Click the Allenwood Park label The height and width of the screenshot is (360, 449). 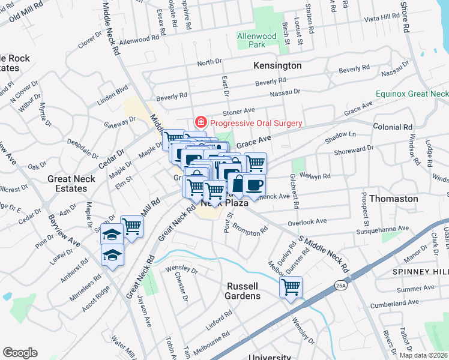256,40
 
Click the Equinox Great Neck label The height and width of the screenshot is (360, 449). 412,94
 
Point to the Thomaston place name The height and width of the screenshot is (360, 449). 393,198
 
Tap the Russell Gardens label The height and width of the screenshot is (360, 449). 243,291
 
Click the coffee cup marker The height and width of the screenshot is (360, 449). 253,185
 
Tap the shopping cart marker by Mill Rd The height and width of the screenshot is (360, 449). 131,227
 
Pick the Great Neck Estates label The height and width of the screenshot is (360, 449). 71,184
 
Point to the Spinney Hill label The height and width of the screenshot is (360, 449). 420,272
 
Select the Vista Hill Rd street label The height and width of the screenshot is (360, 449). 369,19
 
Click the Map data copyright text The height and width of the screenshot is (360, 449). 423,355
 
